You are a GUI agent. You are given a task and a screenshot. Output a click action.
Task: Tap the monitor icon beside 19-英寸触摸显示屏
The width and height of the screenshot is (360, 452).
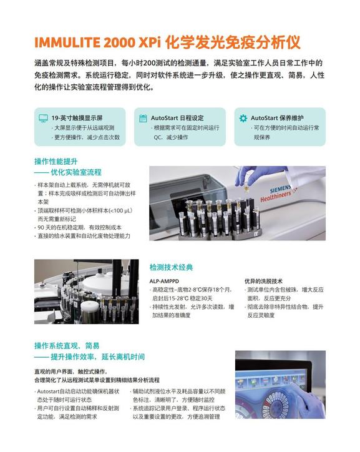pyautogui.click(x=43, y=118)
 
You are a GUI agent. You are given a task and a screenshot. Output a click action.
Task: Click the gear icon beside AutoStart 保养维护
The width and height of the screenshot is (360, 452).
pyautogui.click(x=243, y=118)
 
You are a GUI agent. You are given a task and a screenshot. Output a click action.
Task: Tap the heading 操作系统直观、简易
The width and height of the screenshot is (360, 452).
pyautogui.click(x=67, y=345)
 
